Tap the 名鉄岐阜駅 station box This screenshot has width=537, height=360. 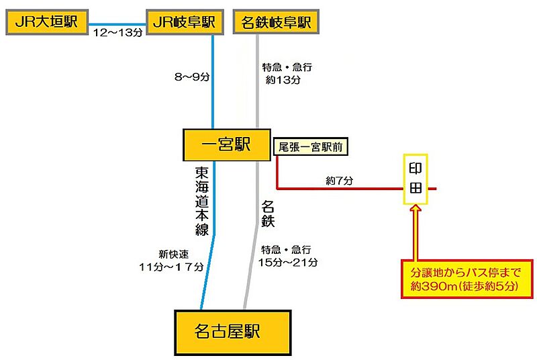pos(275,22)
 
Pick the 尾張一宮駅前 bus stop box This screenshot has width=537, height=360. pos(309,147)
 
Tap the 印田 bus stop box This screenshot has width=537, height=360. pos(416,180)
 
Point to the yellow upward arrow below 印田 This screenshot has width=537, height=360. pos(416,232)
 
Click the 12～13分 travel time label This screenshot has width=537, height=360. pos(117,32)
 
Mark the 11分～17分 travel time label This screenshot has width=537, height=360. pos(171,267)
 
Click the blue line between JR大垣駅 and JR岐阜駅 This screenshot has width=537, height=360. pos(117,22)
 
